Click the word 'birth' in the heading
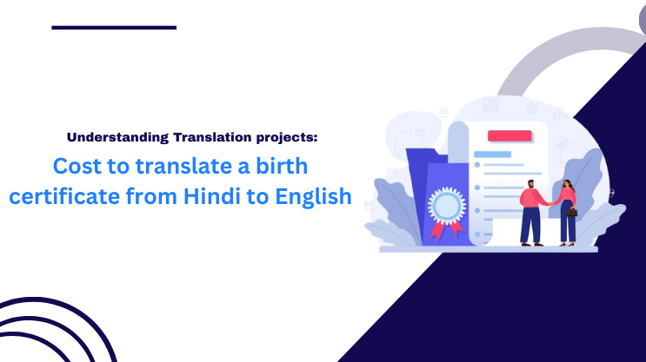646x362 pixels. point(283,166)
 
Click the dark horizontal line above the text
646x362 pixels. point(114,28)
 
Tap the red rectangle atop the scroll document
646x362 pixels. point(509,135)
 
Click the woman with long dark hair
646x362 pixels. point(568,210)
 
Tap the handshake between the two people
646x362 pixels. point(550,201)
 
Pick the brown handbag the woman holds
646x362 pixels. point(572,211)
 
